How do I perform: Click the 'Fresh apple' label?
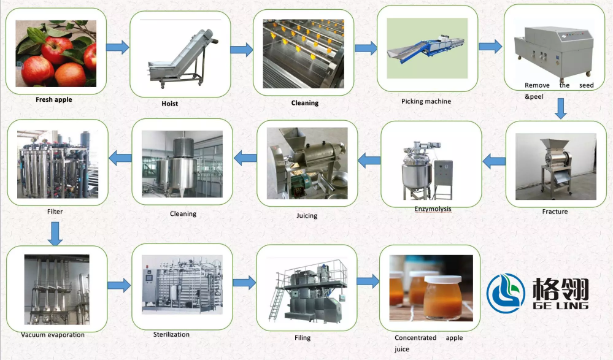click(x=53, y=99)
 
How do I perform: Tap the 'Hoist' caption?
click(x=169, y=104)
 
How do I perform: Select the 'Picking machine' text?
click(x=426, y=101)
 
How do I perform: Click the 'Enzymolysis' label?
click(x=433, y=209)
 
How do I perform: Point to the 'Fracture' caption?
click(x=555, y=212)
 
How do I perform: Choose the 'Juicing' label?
click(x=307, y=216)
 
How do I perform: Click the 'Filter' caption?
click(x=55, y=212)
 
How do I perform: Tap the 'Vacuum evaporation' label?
click(x=53, y=335)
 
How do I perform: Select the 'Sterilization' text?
click(x=171, y=334)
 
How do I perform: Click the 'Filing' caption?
click(x=303, y=338)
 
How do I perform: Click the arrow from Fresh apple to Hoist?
click(x=117, y=47)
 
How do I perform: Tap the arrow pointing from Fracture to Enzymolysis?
click(x=494, y=162)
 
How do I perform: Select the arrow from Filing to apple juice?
click(x=368, y=281)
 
